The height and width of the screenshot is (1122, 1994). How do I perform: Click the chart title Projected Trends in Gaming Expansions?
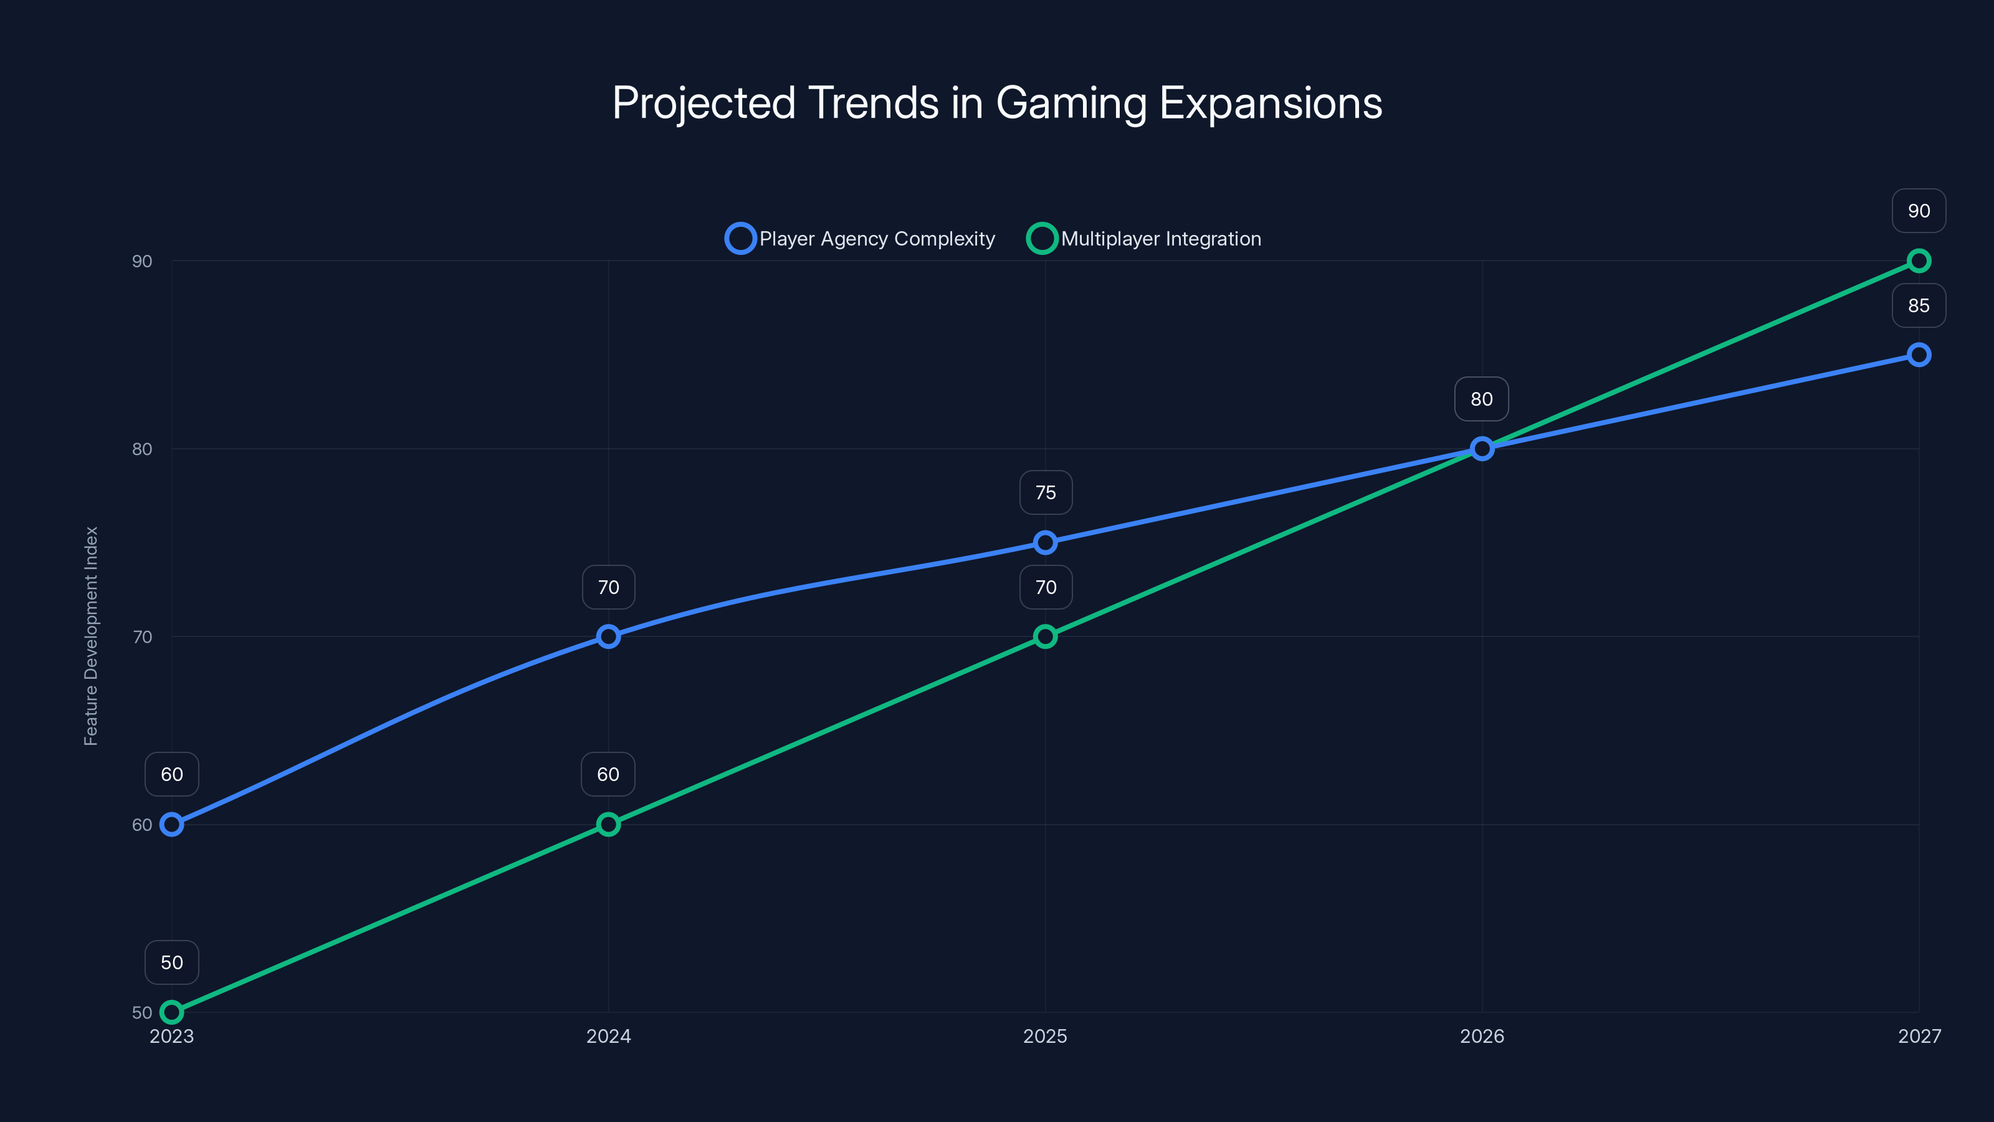[x=997, y=103]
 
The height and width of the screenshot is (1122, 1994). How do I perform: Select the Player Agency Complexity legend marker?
[x=740, y=239]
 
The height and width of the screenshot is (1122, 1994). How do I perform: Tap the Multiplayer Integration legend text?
[x=1160, y=239]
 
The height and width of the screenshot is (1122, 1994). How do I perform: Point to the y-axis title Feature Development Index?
[x=92, y=636]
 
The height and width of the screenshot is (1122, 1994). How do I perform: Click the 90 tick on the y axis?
[x=141, y=261]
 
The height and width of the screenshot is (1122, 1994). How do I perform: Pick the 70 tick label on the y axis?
[x=141, y=636]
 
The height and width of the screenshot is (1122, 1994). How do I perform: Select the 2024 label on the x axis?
[x=608, y=1036]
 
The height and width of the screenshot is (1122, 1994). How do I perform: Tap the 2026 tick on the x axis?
[x=1482, y=1036]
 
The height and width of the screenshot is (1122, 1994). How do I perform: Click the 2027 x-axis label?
[x=1919, y=1036]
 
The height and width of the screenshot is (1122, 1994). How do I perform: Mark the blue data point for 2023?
[x=172, y=825]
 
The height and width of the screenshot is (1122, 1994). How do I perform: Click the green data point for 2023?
[x=172, y=1012]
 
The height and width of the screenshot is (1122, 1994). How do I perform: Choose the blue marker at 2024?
[x=608, y=636]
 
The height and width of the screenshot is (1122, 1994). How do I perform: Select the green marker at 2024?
[x=608, y=825]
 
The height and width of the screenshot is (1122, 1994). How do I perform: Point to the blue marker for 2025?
[x=1045, y=542]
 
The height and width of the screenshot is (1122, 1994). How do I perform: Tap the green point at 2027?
[x=1919, y=261]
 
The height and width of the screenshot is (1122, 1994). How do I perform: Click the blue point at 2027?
[x=1919, y=355]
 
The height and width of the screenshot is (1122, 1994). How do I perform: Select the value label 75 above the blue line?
[x=1045, y=492]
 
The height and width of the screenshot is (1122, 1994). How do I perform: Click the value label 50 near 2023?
[x=172, y=962]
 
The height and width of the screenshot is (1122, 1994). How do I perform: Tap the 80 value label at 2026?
[x=1482, y=399]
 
